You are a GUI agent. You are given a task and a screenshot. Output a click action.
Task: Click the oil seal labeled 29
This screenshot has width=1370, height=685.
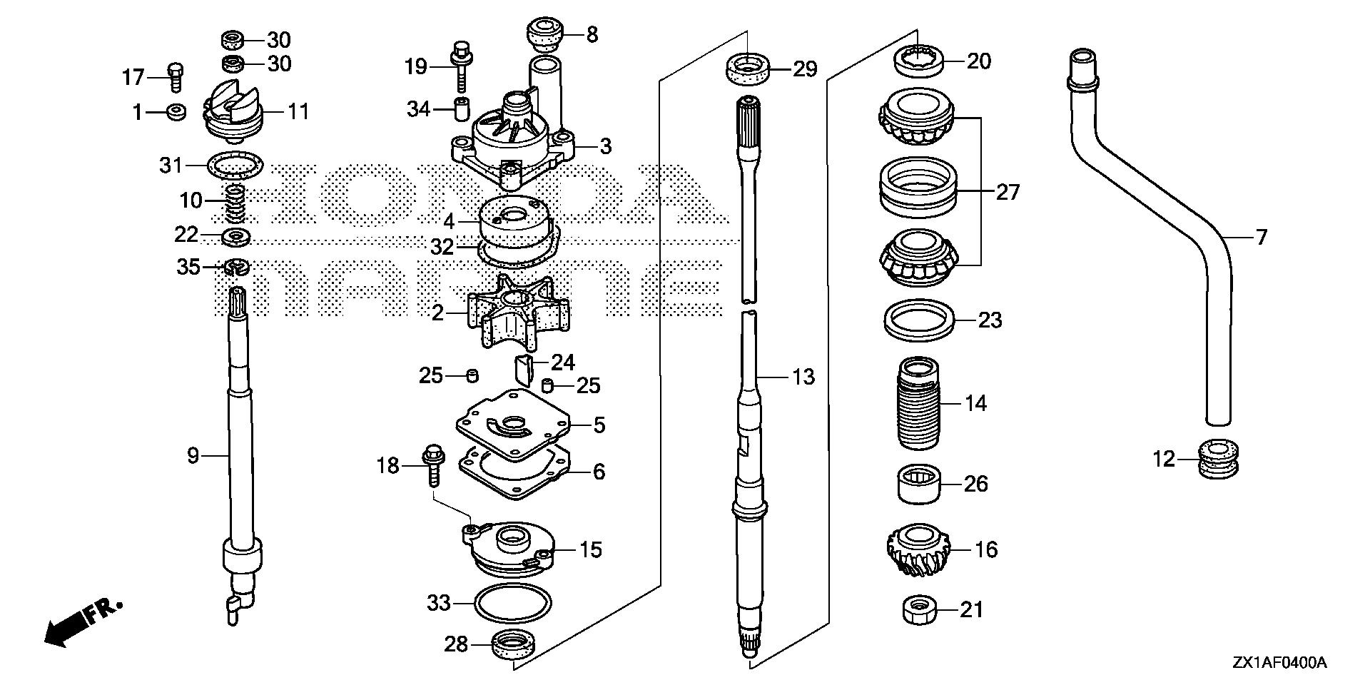point(749,69)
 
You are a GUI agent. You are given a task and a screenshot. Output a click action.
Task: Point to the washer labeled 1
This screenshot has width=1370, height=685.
point(175,111)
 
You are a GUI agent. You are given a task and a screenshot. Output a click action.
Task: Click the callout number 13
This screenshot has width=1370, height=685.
point(803,376)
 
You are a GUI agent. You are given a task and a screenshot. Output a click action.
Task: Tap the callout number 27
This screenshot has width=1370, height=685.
point(1008,192)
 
